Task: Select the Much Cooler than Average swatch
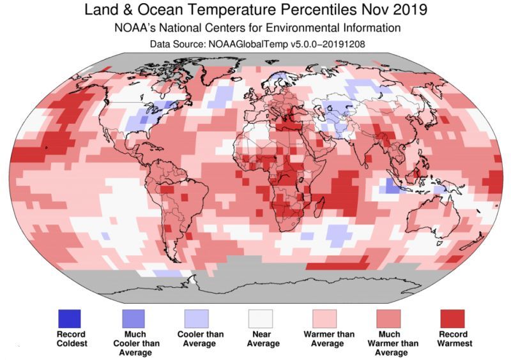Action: click(x=134, y=318)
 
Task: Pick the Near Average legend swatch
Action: click(x=261, y=318)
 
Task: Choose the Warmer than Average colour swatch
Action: click(x=325, y=318)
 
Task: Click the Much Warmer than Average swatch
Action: click(x=388, y=318)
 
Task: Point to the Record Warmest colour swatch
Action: click(x=452, y=318)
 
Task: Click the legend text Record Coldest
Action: click(x=70, y=339)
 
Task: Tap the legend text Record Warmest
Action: click(x=452, y=339)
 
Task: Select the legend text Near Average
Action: click(x=262, y=339)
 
